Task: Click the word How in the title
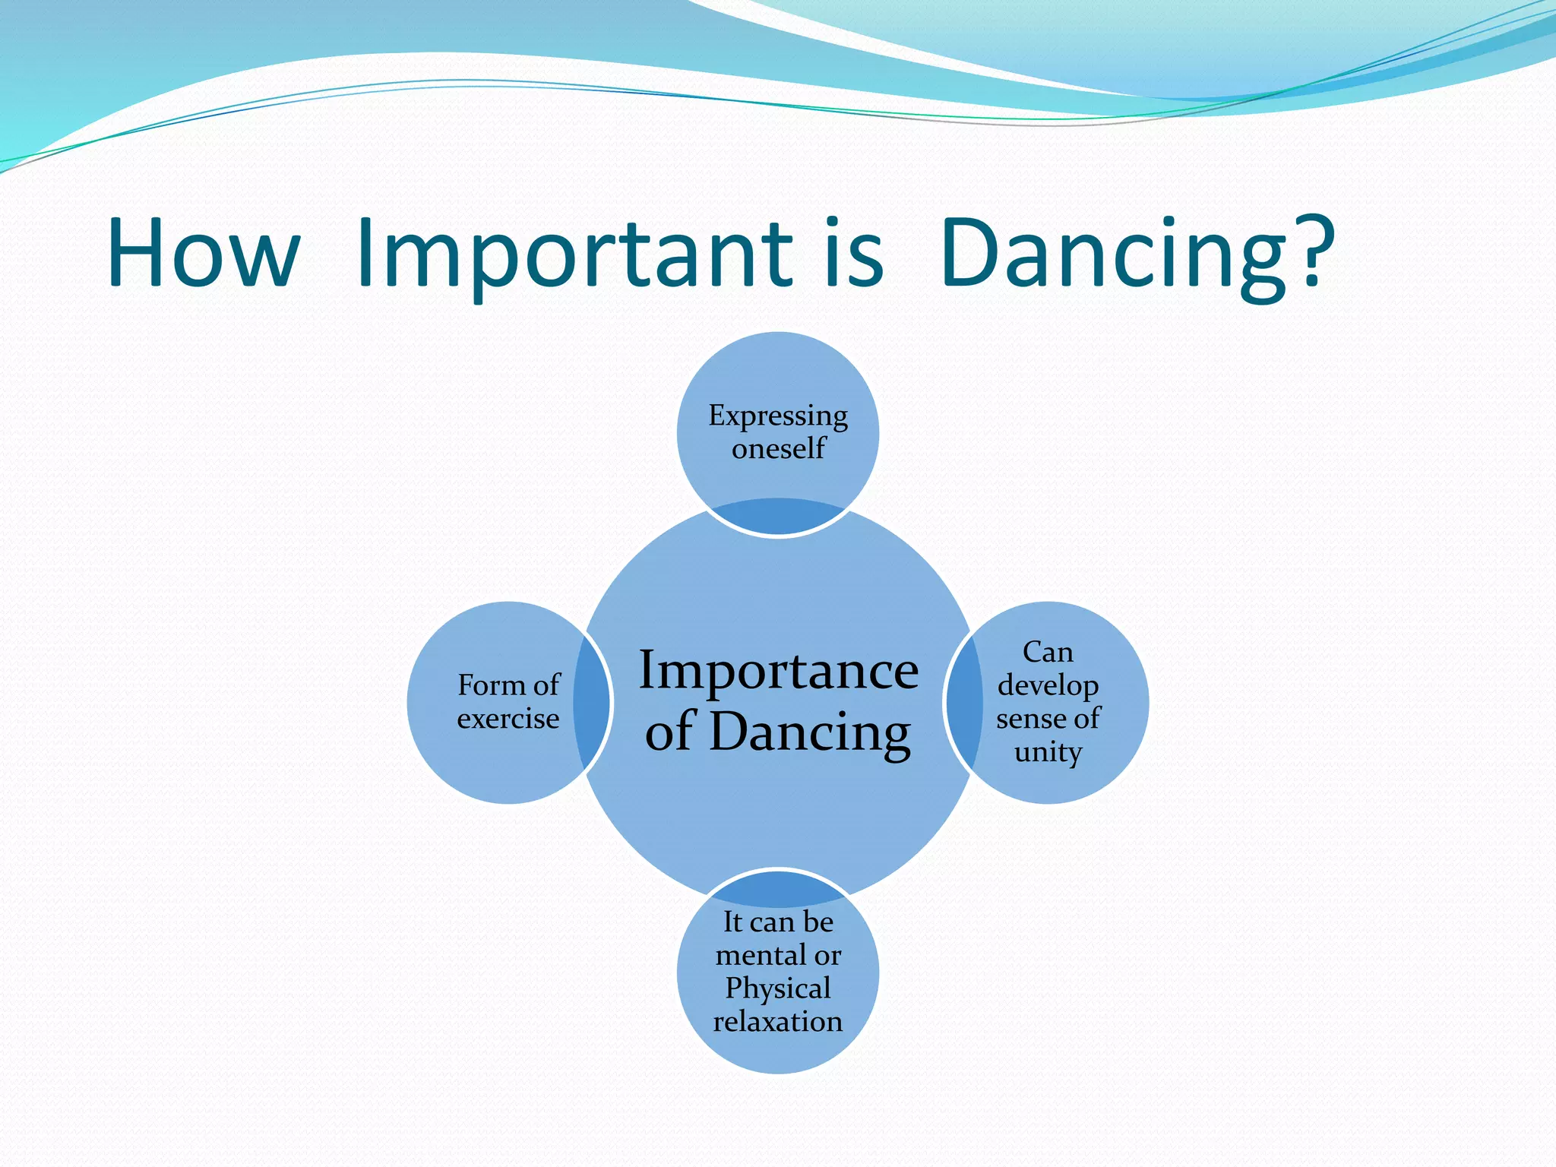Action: click(x=204, y=253)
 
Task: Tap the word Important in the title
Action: click(x=574, y=253)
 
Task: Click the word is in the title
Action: click(x=854, y=253)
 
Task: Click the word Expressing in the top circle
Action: click(x=778, y=416)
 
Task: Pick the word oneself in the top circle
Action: click(x=778, y=448)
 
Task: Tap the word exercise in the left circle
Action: click(x=508, y=718)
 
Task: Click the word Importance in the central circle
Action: click(x=778, y=670)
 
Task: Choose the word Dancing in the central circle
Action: click(x=810, y=731)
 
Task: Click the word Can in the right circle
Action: click(x=1048, y=652)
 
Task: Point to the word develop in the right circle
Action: click(x=1048, y=686)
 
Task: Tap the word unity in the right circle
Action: click(x=1048, y=752)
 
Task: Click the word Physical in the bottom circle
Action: click(x=778, y=988)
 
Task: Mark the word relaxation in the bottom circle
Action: click(x=778, y=1021)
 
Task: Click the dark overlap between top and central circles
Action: click(x=778, y=517)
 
